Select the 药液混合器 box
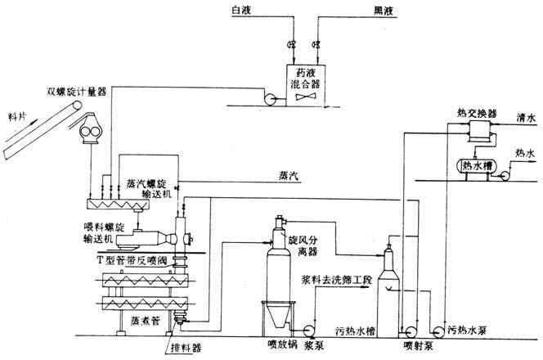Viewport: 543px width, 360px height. (x=307, y=85)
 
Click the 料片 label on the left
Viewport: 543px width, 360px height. (x=16, y=116)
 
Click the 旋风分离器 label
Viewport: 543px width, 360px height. (x=303, y=246)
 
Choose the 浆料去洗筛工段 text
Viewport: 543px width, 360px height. (x=337, y=280)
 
